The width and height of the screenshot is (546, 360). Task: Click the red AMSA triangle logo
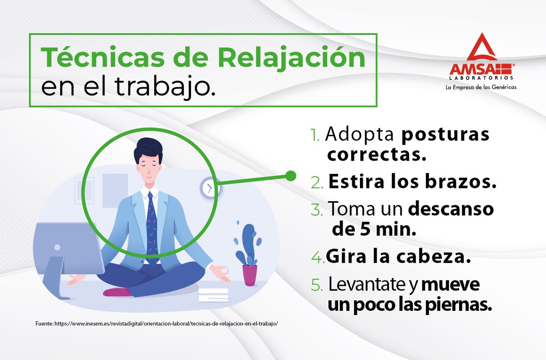click(x=482, y=50)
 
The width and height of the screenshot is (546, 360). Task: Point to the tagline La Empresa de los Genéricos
click(x=481, y=87)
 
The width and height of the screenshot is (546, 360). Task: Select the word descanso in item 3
click(x=450, y=209)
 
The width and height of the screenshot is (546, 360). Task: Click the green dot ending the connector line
click(x=290, y=175)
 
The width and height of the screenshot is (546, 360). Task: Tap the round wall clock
click(x=210, y=188)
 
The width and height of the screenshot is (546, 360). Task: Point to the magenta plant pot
click(x=250, y=275)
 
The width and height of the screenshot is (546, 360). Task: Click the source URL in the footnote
click(x=166, y=324)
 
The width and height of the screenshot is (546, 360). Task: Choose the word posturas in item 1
click(x=445, y=135)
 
